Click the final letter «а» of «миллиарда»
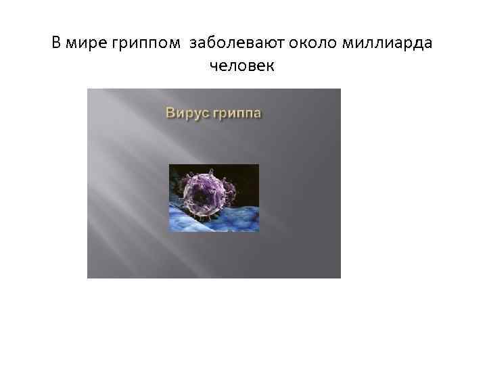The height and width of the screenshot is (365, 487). point(430,45)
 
